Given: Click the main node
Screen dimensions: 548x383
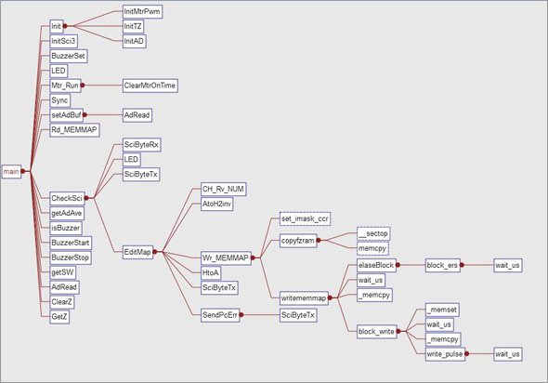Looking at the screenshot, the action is click(11, 171).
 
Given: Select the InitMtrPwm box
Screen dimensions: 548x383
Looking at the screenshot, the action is click(142, 11).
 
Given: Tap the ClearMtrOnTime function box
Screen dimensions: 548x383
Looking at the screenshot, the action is click(150, 86).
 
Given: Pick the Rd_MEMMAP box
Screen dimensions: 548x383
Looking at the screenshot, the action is click(74, 130).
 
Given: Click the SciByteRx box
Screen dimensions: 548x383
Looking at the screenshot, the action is click(141, 144).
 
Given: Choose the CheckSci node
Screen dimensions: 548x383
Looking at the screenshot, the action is click(67, 198).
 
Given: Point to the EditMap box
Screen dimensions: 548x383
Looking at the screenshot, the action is click(137, 252).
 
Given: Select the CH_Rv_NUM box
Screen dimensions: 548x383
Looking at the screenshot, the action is click(223, 190).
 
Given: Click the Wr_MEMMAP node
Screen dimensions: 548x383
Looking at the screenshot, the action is click(226, 258).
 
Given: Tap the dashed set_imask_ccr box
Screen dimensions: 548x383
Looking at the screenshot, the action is click(305, 218).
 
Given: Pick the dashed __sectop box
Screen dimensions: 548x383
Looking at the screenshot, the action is click(373, 233).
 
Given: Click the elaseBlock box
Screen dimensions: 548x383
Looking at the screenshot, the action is click(376, 265).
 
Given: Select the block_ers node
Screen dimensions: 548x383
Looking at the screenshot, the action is click(442, 265).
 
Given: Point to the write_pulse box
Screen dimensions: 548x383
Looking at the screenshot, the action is click(445, 354).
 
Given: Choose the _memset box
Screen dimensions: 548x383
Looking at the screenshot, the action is click(442, 310).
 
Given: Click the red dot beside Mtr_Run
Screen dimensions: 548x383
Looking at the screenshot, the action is click(83, 86).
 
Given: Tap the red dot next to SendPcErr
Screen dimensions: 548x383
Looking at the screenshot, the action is click(241, 315).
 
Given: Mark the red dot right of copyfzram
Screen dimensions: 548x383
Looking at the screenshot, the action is click(319, 240).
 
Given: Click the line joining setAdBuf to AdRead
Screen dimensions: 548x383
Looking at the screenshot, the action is click(103, 114).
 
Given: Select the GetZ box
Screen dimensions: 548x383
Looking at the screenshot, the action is click(59, 317).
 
